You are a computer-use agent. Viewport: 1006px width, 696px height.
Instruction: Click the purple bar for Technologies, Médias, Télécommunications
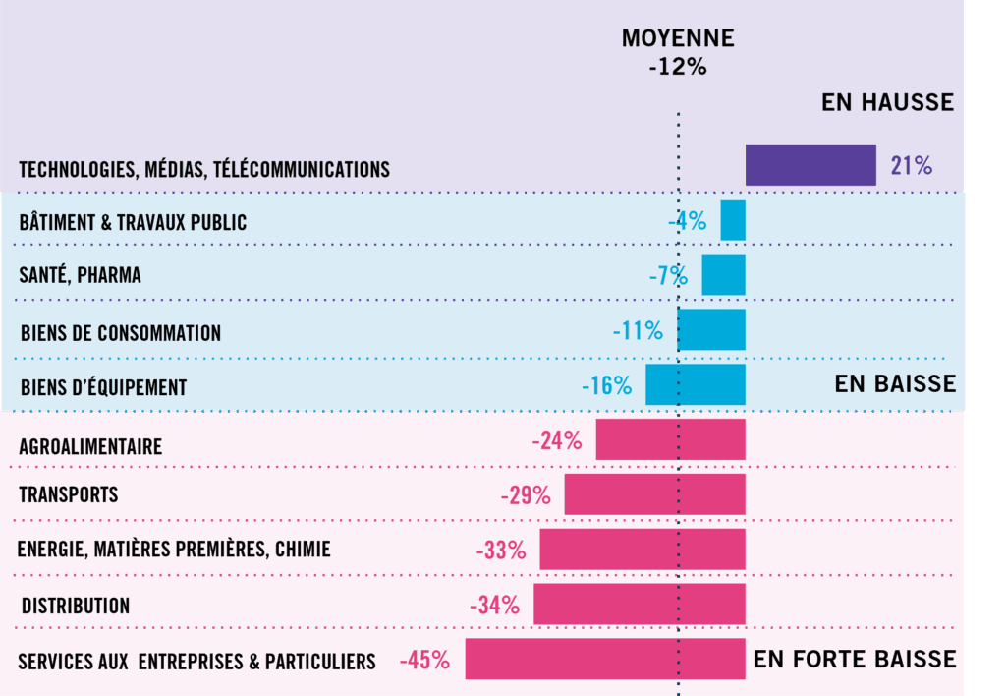(x=810, y=165)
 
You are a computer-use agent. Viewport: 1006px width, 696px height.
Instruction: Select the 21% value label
(x=911, y=165)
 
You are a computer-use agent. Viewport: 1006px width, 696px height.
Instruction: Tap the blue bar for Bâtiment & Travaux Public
(x=733, y=220)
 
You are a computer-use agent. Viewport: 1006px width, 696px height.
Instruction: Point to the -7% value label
(x=668, y=276)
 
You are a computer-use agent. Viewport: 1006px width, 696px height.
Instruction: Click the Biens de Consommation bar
(x=712, y=330)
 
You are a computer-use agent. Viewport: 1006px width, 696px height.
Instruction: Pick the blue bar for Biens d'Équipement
(x=696, y=385)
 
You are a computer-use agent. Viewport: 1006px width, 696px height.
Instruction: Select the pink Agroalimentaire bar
(x=670, y=439)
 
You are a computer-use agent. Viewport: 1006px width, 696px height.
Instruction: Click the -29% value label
(x=526, y=494)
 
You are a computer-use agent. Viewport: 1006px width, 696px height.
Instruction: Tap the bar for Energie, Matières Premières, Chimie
(x=643, y=550)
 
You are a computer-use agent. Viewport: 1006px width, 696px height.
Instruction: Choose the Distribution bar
(x=640, y=605)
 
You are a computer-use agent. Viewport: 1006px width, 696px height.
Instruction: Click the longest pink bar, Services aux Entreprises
(x=605, y=660)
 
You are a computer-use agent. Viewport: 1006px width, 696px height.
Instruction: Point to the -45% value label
(x=424, y=661)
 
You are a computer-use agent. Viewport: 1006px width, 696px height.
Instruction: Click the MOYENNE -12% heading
(x=678, y=53)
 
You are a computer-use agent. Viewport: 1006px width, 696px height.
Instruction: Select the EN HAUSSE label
(x=887, y=102)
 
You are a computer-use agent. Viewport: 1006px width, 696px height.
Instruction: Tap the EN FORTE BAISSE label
(x=855, y=659)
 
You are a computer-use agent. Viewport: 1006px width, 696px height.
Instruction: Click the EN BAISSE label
(x=895, y=383)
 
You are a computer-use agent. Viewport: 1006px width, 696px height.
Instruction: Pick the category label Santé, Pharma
(x=80, y=276)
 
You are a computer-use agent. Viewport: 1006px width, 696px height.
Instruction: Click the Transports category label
(x=69, y=494)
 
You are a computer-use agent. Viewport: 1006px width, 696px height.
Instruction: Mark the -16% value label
(x=606, y=385)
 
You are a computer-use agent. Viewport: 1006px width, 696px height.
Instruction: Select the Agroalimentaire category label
(x=90, y=447)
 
